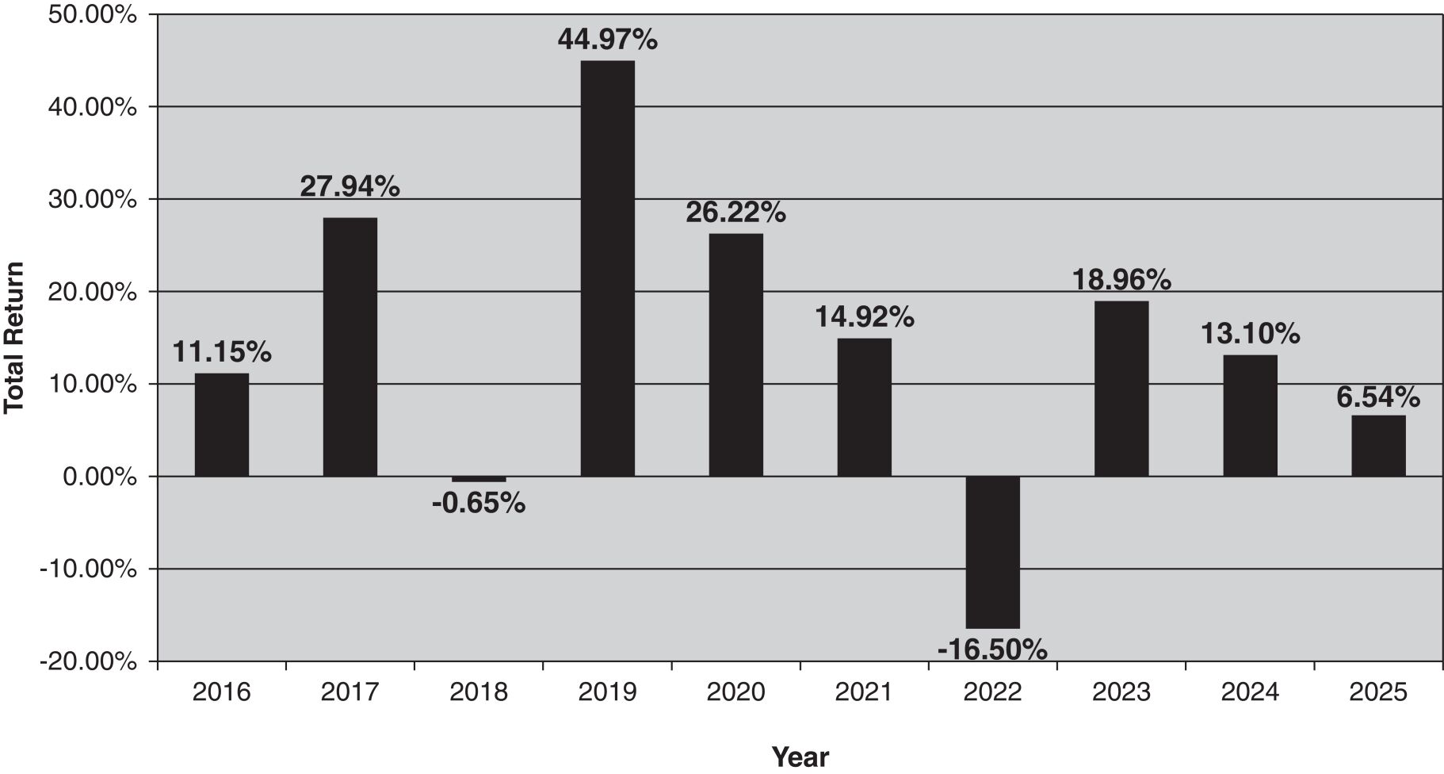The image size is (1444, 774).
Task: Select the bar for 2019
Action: coord(607,268)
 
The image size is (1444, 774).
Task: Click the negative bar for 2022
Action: coord(992,552)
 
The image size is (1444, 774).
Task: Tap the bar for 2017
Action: coord(350,347)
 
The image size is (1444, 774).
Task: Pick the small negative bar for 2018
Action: coord(479,479)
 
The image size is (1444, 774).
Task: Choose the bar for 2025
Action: coord(1378,446)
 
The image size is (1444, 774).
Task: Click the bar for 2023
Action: coord(1121,389)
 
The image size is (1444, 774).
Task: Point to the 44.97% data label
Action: coord(607,39)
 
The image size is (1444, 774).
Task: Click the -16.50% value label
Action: coord(992,650)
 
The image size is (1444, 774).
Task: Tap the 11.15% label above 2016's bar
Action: coord(222,351)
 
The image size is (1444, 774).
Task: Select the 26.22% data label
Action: coord(735,212)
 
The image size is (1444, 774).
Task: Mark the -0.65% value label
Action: coord(479,503)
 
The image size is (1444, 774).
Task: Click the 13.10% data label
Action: coord(1250,334)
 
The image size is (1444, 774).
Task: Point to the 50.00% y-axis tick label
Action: coord(92,14)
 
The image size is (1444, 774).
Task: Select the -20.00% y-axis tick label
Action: coord(88,661)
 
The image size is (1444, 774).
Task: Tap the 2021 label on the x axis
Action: coord(864,692)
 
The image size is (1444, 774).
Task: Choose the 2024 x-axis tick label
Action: coord(1250,692)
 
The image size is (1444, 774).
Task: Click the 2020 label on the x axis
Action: coord(735,692)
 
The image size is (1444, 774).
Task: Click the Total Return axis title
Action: coord(13,338)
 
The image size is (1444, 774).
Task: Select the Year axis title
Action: coord(800,757)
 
